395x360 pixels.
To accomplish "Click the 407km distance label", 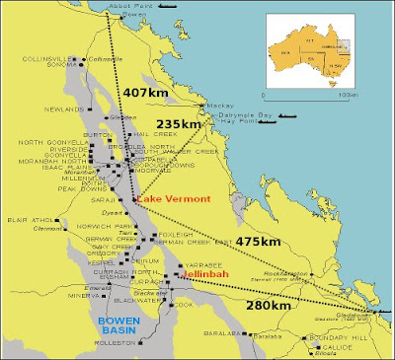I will pos(145,92).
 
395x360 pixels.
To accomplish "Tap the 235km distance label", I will pos(203,124).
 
